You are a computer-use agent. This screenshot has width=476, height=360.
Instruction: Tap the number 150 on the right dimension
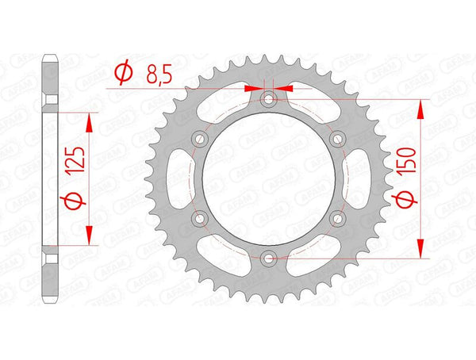tap(406, 170)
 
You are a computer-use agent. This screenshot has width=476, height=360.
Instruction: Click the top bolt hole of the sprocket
tap(269, 100)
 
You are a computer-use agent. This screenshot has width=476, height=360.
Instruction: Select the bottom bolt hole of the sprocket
tap(269, 257)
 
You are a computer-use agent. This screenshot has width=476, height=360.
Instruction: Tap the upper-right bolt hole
tap(337, 139)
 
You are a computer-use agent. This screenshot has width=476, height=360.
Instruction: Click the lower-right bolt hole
tap(337, 217)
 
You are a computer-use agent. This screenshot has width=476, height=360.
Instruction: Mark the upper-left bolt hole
tap(201, 139)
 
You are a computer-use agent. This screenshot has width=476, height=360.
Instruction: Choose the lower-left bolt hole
tap(201, 217)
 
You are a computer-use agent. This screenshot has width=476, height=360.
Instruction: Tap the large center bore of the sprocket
tap(269, 178)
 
